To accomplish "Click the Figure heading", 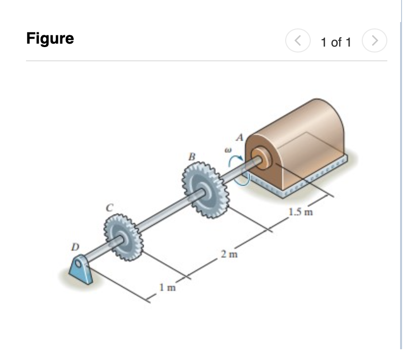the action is point(50,39).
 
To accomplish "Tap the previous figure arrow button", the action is point(297,40).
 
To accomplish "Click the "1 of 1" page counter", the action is point(336,42).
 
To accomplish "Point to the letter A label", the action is point(240,137).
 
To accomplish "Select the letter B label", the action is point(192,156).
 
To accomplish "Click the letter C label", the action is point(110,207).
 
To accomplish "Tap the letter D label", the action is point(75,247).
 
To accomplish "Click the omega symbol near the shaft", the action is point(228,150).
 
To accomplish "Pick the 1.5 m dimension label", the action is point(301,212).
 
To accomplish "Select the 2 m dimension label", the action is point(229,255).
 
